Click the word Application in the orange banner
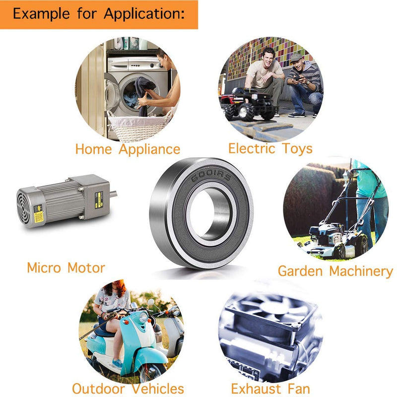[x=144, y=14]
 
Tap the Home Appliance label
[x=128, y=149]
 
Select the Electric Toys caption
[x=270, y=148]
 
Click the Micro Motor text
[x=66, y=267]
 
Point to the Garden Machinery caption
[x=335, y=271]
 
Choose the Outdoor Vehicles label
[x=128, y=389]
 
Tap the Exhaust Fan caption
[x=270, y=389]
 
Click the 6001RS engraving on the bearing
[x=211, y=175]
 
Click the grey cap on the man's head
[x=296, y=58]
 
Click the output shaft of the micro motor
[x=113, y=194]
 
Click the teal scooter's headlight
[x=143, y=317]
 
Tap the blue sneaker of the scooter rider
[x=117, y=364]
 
